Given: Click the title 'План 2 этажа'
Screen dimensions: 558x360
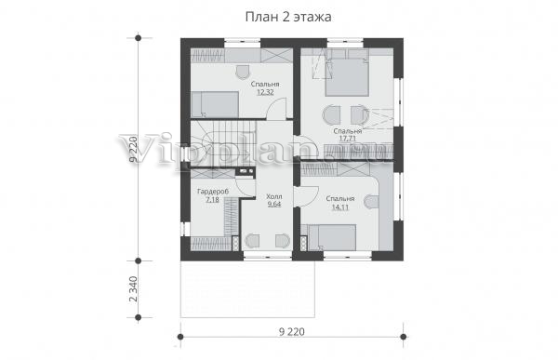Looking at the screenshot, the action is [288, 17].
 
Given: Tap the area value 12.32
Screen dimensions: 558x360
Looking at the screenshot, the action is [265, 93].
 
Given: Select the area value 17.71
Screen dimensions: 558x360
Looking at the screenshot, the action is [348, 139].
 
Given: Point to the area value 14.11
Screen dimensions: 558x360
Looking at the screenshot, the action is [340, 207].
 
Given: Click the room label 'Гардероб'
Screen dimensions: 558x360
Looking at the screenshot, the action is [213, 192].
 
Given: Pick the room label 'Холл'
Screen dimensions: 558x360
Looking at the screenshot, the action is [274, 196].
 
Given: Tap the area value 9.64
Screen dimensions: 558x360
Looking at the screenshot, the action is [274, 205].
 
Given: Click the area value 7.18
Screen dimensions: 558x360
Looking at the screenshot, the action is [212, 200].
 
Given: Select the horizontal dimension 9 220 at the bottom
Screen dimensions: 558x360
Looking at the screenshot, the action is [292, 332].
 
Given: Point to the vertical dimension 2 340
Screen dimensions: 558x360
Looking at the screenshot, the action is [133, 288].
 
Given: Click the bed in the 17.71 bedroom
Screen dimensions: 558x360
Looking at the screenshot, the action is [347, 77].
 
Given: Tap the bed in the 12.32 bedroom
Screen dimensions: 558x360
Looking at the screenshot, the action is [215, 104].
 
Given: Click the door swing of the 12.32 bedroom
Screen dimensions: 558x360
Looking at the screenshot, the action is [276, 110].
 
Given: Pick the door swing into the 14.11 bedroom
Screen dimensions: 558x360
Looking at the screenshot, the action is [308, 196].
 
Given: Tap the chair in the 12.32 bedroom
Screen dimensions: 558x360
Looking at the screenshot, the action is [244, 72].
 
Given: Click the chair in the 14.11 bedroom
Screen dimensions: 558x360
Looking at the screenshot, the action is [371, 202].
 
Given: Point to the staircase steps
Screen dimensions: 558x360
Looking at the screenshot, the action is [223, 143].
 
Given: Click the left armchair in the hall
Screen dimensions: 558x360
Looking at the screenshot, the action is [252, 240].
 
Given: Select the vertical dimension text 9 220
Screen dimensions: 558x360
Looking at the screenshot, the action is [133, 149].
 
